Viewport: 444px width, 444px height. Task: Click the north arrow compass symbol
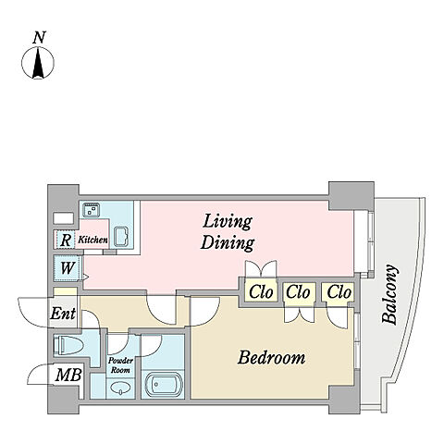[38, 63]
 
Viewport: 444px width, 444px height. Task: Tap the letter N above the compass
[39, 37]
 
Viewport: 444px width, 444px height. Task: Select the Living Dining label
[228, 232]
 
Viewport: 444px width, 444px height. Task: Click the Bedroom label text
[271, 358]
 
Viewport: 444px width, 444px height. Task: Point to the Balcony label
[389, 294]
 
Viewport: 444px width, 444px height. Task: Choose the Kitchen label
[92, 240]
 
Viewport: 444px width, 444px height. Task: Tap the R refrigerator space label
[66, 240]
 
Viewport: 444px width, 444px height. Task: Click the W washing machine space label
[68, 268]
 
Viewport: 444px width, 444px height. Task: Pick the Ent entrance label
[63, 314]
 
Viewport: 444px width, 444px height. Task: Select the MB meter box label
[68, 376]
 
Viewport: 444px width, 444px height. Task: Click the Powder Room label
[120, 365]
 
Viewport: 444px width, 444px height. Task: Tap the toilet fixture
[68, 346]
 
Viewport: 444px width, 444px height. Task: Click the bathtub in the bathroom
[163, 385]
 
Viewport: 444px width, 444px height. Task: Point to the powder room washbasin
[120, 388]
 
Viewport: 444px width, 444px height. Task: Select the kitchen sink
[121, 237]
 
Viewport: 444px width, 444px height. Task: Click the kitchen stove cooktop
[92, 209]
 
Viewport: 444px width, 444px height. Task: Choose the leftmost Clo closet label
[261, 291]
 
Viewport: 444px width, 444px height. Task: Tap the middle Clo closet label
[298, 291]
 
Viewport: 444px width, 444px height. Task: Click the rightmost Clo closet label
[339, 291]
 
